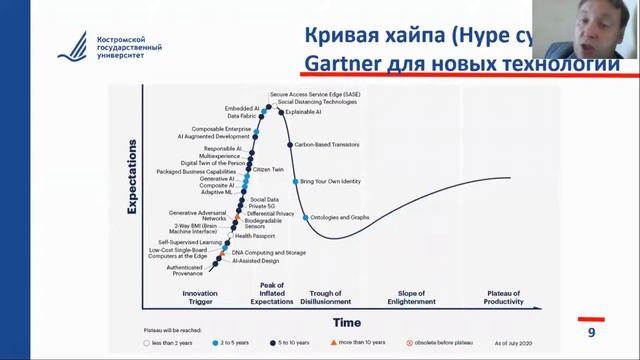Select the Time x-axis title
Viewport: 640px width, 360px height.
[348, 323]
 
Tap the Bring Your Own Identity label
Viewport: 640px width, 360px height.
[333, 181]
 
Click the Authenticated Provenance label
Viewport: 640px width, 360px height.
[184, 270]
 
